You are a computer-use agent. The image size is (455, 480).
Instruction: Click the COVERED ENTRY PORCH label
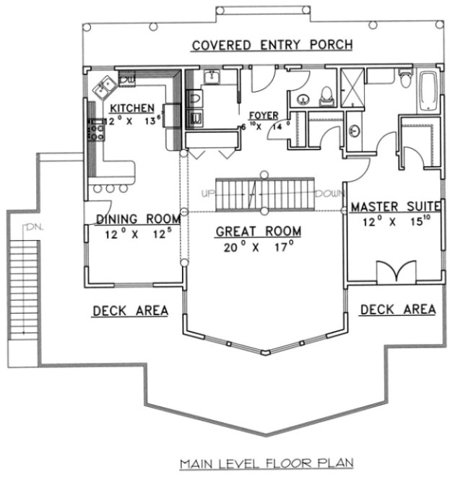(x=272, y=46)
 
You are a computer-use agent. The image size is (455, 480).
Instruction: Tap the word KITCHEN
(x=132, y=108)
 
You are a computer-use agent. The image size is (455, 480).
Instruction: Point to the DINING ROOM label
(x=133, y=219)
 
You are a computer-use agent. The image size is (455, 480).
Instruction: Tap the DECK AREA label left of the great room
(x=130, y=311)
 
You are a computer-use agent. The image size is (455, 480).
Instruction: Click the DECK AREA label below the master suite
(x=398, y=309)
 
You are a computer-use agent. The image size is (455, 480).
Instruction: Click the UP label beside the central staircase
(x=208, y=194)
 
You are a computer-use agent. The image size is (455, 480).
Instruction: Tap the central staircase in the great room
(x=264, y=193)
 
